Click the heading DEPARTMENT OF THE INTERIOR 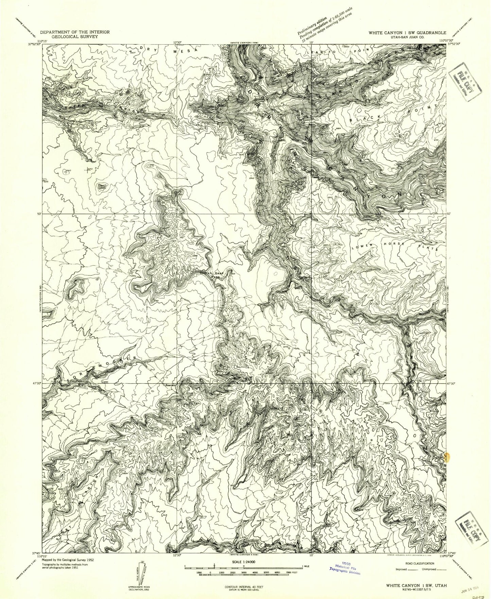click(74, 32)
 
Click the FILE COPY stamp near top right click(465, 86)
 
